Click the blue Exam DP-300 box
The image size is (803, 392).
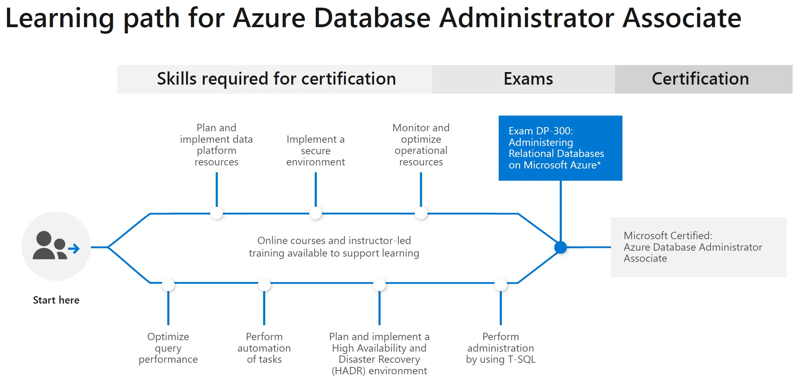point(560,148)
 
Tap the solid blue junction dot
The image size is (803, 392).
point(560,248)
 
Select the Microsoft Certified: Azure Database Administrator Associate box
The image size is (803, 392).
point(699,247)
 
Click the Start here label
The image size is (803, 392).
point(56,300)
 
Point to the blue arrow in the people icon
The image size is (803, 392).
point(74,249)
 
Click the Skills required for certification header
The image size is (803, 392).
point(276,79)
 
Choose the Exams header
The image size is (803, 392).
point(528,79)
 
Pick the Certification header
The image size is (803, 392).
point(701,79)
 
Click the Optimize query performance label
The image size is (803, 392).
point(168,348)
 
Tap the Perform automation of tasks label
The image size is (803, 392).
point(264,348)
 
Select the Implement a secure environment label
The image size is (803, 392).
point(316,150)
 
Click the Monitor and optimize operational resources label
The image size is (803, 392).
point(421,145)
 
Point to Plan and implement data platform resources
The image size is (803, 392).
point(216,145)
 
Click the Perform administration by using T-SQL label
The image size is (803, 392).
point(501,348)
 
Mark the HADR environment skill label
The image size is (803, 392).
point(379,354)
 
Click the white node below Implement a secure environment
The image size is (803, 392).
point(316,213)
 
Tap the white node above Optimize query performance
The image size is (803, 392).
point(168,285)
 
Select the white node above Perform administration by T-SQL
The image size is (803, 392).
point(501,285)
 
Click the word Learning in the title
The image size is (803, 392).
point(60,19)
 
